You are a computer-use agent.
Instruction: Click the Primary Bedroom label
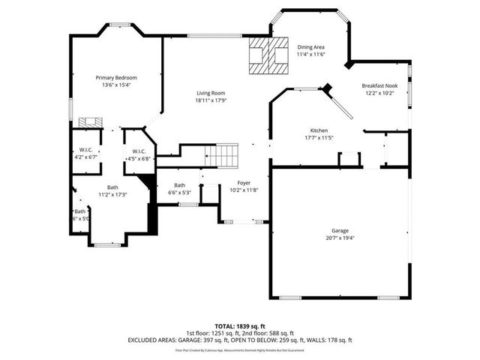(x=115, y=77)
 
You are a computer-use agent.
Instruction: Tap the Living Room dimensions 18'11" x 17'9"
(x=211, y=100)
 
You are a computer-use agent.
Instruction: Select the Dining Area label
(x=310, y=46)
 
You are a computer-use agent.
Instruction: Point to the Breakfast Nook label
(x=379, y=85)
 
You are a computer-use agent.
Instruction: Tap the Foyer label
(x=244, y=182)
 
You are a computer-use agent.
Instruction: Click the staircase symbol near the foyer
(x=222, y=156)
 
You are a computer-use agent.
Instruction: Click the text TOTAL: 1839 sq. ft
(x=239, y=326)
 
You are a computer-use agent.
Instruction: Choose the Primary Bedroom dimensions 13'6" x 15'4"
(x=115, y=85)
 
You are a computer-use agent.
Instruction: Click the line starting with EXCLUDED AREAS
(x=239, y=340)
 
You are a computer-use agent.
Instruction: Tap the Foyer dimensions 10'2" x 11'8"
(x=244, y=190)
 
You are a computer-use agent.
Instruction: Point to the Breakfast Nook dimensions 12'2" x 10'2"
(x=379, y=94)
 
